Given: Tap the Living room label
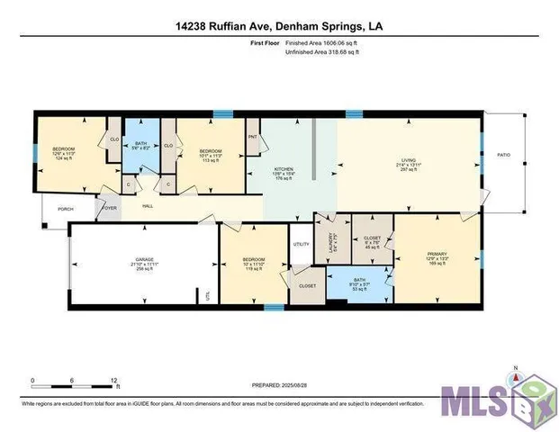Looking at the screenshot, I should tap(409, 166).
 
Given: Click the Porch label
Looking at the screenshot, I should tap(65, 209).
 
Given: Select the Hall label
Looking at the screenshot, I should tap(147, 206).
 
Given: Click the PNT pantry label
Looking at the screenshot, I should tap(253, 137).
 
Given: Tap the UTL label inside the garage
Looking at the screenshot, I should tap(208, 294).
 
